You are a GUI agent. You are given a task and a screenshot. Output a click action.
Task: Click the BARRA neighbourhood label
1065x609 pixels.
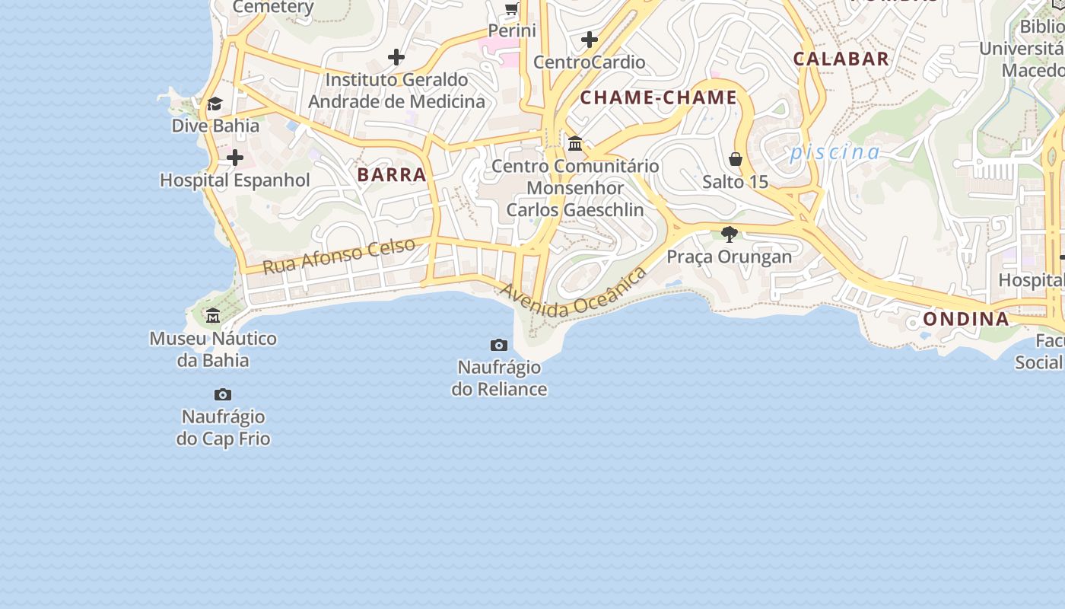(392, 174)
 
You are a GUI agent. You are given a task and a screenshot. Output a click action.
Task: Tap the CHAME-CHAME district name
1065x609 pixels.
(659, 97)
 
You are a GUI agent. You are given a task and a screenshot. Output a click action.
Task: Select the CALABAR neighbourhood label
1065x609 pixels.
(841, 59)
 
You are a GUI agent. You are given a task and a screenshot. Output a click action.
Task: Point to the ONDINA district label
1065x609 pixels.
(966, 318)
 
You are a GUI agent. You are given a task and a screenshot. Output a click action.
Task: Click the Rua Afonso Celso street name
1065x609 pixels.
(339, 256)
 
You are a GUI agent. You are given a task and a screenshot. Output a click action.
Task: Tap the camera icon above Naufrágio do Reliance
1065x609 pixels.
(499, 346)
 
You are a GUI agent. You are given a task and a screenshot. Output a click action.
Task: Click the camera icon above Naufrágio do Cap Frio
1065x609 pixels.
(223, 394)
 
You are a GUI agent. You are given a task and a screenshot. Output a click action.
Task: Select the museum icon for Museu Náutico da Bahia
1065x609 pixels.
(213, 315)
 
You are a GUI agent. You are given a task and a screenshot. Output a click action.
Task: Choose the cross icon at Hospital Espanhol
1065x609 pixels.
(235, 158)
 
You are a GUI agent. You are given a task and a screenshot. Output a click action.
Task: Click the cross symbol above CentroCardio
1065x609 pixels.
(590, 40)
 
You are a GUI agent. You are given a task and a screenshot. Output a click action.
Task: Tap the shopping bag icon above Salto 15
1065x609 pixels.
(735, 159)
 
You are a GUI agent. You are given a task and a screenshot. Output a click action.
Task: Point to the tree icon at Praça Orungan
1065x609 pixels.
(730, 234)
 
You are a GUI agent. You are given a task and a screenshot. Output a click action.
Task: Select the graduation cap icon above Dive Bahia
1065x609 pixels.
(215, 104)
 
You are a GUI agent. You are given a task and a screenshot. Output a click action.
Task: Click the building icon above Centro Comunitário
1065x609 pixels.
(575, 143)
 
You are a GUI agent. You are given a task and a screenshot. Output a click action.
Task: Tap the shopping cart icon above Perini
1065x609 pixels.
(512, 9)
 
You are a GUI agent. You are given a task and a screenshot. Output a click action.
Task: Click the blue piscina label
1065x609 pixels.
(835, 152)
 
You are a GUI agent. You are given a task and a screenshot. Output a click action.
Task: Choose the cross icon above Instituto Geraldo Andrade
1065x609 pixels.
(396, 57)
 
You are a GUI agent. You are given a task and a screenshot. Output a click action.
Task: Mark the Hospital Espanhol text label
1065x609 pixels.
(235, 180)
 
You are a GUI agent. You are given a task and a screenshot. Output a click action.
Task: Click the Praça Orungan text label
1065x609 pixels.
(730, 257)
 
